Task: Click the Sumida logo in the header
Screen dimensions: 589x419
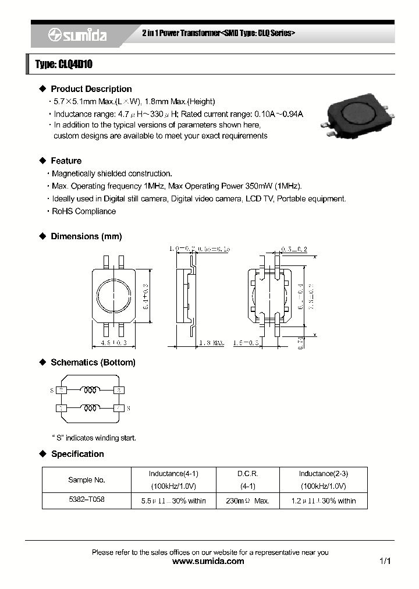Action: coord(77,36)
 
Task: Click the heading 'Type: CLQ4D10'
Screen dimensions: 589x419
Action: coord(64,65)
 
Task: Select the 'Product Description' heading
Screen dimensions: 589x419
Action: coord(91,89)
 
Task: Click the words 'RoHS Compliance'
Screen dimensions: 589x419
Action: coord(84,211)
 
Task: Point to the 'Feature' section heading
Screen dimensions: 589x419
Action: coord(66,161)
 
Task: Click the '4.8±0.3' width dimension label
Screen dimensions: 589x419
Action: coord(113,343)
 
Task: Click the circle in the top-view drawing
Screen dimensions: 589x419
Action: coord(113,296)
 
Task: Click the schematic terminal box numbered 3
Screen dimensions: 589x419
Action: coord(119,390)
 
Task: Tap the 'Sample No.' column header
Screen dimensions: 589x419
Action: coord(87,480)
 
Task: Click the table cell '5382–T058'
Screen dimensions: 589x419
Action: coord(87,499)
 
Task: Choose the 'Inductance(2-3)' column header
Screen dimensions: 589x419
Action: coord(323,474)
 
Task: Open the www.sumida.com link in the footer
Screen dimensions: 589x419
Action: coord(209,562)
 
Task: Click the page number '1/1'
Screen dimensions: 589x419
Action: coord(385,562)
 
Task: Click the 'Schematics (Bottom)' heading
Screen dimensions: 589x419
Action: coord(93,363)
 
